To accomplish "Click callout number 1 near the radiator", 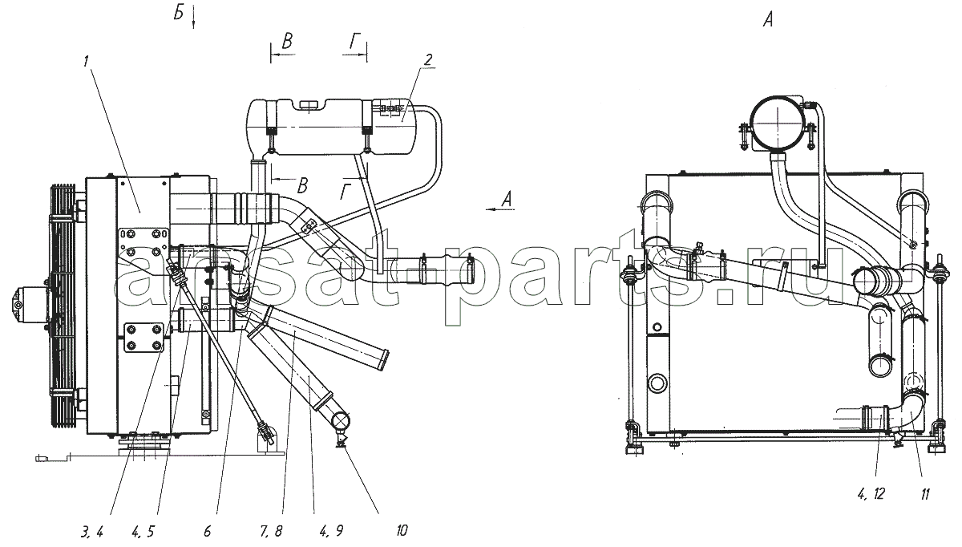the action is point(87,62).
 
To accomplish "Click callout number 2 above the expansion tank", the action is point(427,59).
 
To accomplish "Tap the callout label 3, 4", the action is point(91,533).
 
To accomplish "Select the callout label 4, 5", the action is point(143,533).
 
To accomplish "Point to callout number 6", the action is point(208,532).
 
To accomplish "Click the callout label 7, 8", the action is point(271,532).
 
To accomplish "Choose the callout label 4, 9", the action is point(330,532).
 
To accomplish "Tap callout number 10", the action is point(401,531).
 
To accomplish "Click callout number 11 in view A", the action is point(924,495).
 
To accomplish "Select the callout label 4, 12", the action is point(871,494).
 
